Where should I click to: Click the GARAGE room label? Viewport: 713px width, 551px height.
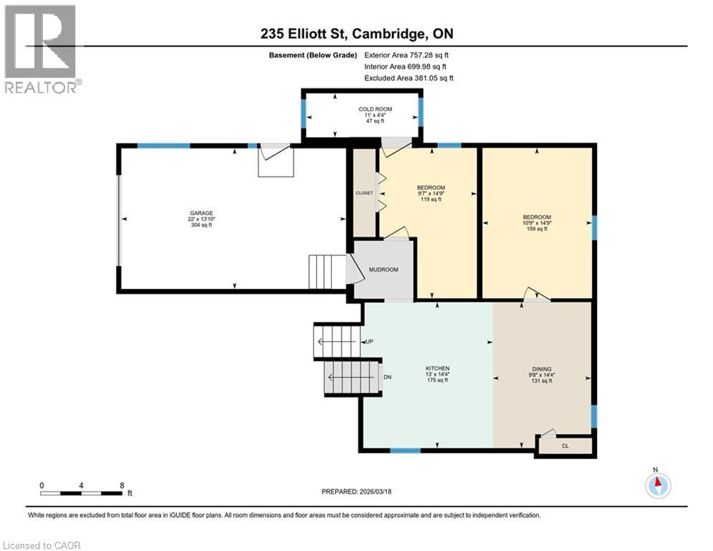pos(201,213)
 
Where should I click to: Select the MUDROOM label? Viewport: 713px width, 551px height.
pos(383,270)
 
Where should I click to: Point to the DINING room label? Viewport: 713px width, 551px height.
pos(542,368)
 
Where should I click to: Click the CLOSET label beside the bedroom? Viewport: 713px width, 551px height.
pos(365,193)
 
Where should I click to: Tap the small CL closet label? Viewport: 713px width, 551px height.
pos(565,446)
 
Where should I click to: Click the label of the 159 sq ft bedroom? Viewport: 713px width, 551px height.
pos(537,217)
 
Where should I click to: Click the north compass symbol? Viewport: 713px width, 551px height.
pos(657,485)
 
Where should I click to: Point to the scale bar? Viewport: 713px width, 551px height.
pos(81,493)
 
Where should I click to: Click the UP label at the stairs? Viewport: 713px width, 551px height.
pos(370,342)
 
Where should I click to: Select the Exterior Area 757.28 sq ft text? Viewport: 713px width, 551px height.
pos(406,55)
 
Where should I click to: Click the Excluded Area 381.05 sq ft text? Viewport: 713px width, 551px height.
pos(408,78)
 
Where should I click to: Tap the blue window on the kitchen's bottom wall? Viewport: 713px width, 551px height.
pos(405,451)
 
